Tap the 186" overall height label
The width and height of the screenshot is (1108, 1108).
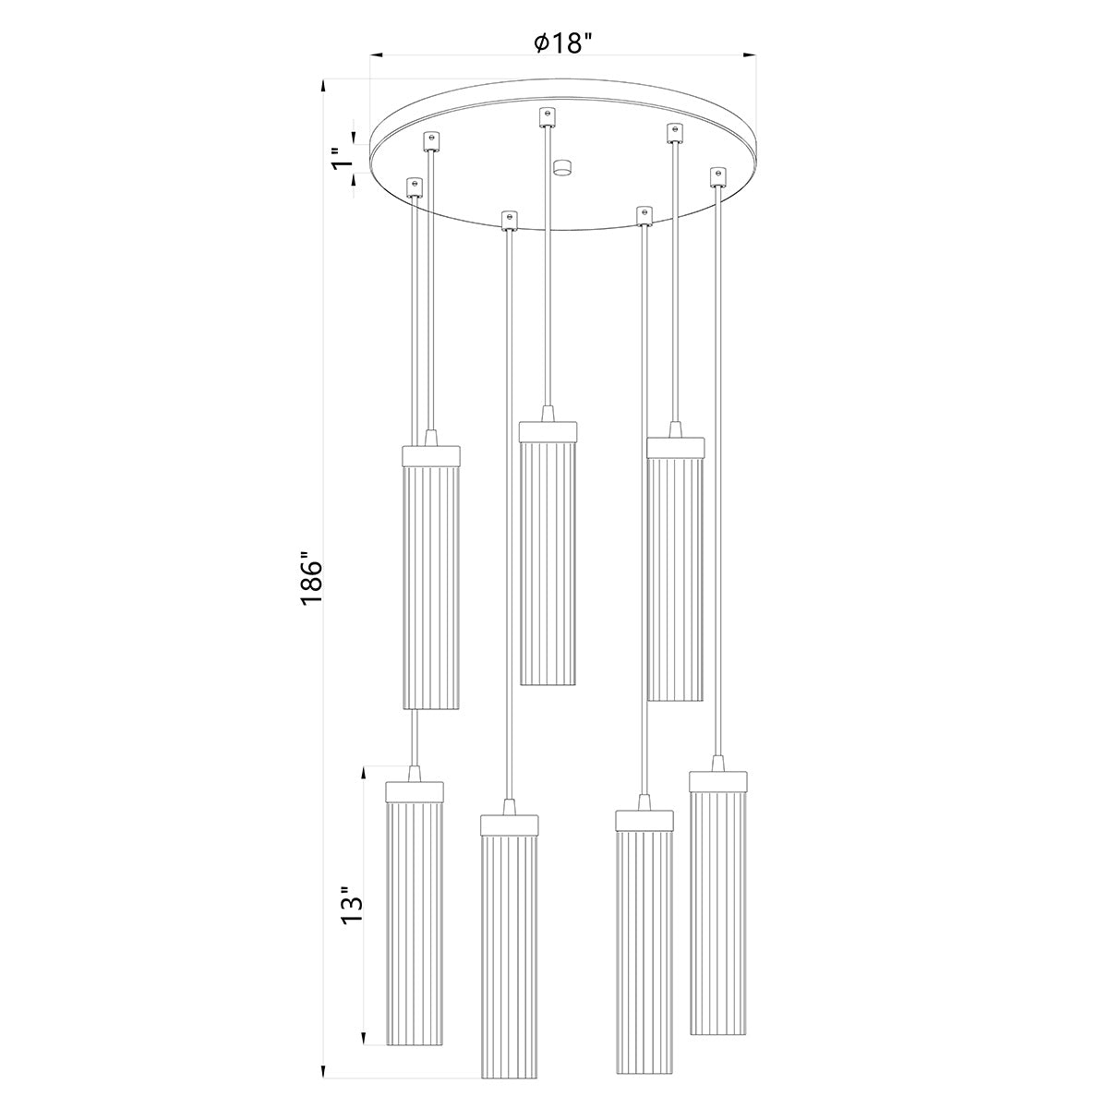tap(311, 581)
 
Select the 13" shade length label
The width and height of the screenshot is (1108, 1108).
tap(351, 908)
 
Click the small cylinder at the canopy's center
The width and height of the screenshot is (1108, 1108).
tap(560, 168)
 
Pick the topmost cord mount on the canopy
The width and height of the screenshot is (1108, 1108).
tap(548, 116)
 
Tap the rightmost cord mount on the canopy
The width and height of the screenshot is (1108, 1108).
tap(717, 175)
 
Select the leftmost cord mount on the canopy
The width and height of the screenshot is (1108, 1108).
tap(415, 187)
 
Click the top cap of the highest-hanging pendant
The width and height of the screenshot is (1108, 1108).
tap(548, 431)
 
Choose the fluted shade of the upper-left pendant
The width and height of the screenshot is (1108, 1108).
tap(431, 587)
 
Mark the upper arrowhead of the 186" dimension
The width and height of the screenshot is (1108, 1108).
tap(323, 86)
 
